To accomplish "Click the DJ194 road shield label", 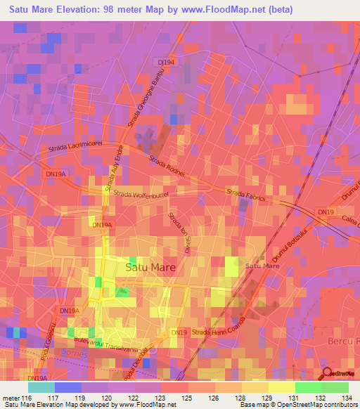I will click(x=167, y=62).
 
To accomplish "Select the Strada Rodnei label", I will click(x=166, y=166).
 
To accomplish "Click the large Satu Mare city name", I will click(x=150, y=267).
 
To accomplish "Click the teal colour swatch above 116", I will click(x=41, y=387).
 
